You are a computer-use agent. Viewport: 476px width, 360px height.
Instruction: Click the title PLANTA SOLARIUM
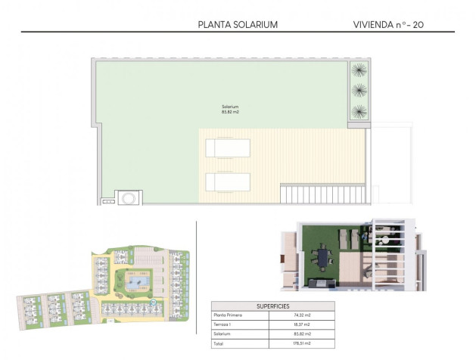[x=238, y=24]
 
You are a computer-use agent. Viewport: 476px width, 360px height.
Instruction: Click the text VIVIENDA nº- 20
[x=387, y=24]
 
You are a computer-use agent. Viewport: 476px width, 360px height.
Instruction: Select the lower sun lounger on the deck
[x=228, y=182]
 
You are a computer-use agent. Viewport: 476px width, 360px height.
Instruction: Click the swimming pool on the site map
[x=137, y=284]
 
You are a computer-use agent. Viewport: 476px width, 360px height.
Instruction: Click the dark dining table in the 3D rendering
[x=325, y=257]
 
